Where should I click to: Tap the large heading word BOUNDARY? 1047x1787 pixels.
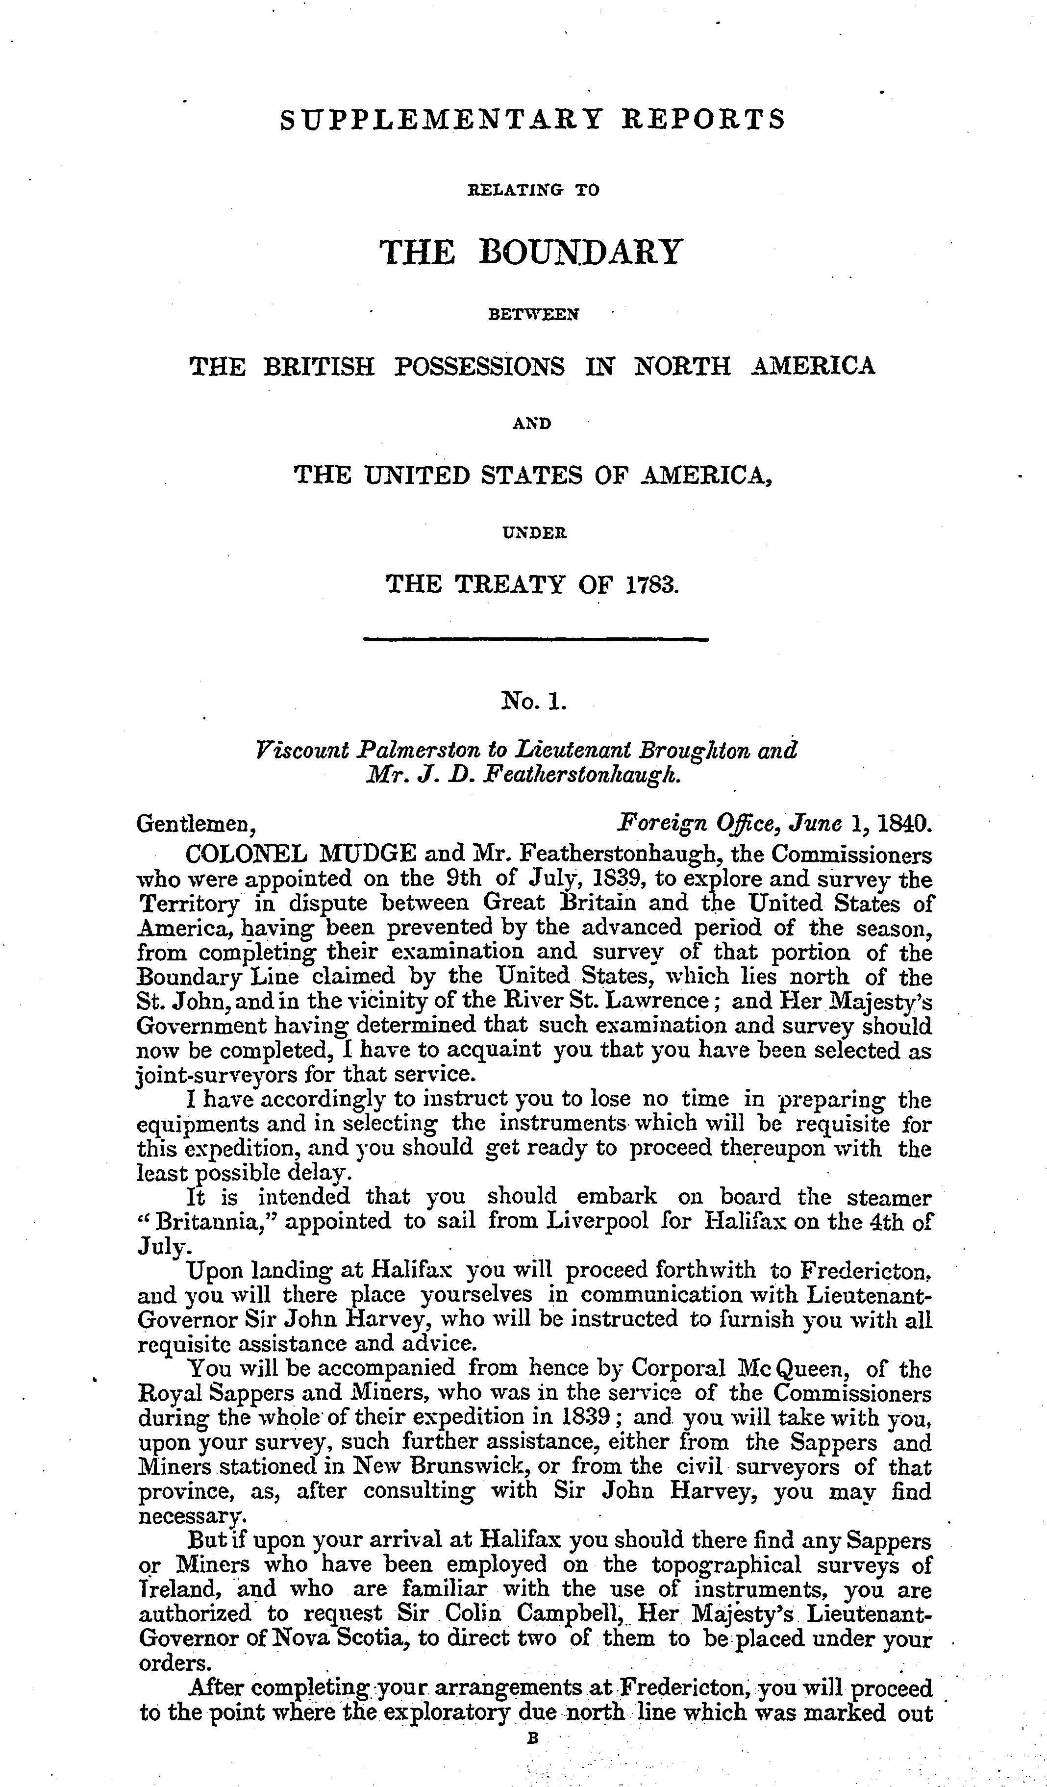(579, 252)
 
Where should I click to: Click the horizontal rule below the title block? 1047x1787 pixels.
(535, 640)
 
